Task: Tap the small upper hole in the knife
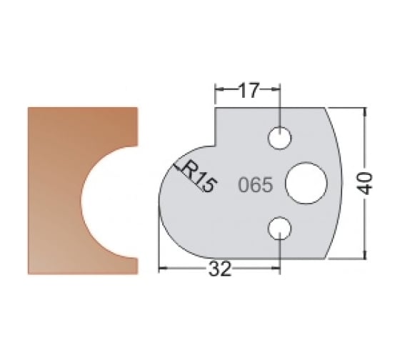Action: point(279,136)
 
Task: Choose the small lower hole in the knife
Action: point(279,229)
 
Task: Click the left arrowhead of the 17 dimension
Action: point(219,90)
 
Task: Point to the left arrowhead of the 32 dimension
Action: point(161,270)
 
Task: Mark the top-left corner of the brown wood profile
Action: point(28,108)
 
